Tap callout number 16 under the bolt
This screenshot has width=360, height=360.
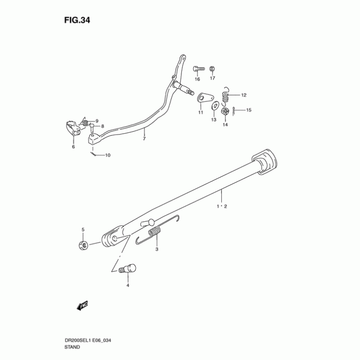pyautogui.click(x=197, y=79)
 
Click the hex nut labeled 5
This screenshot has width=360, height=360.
pyautogui.click(x=83, y=245)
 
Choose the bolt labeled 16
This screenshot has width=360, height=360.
pyautogui.click(x=198, y=68)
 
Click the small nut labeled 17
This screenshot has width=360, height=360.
pyautogui.click(x=212, y=69)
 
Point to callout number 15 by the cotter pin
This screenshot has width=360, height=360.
pyautogui.click(x=249, y=110)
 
